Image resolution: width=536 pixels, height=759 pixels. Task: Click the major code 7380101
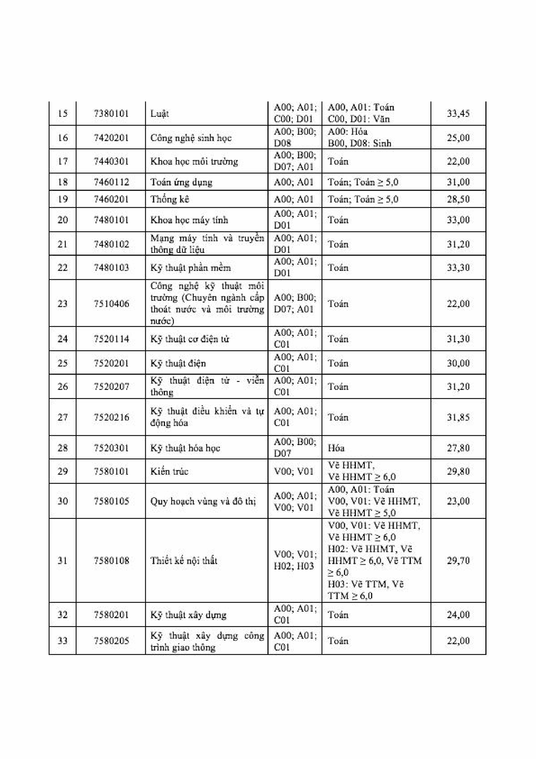pyautogui.click(x=111, y=113)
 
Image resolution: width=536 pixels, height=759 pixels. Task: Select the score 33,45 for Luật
pyautogui.click(x=458, y=113)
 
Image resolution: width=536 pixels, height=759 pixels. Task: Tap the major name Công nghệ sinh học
pyautogui.click(x=191, y=138)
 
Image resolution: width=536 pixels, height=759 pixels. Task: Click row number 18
pyautogui.click(x=63, y=182)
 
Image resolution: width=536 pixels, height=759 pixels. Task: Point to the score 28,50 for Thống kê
pyautogui.click(x=458, y=199)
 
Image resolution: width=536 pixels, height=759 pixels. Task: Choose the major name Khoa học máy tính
pyautogui.click(x=189, y=220)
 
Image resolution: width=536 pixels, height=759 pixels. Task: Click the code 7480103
pyautogui.click(x=111, y=267)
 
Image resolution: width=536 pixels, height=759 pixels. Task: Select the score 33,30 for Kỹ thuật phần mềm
pyautogui.click(x=458, y=267)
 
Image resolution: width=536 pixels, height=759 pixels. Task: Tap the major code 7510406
pyautogui.click(x=111, y=304)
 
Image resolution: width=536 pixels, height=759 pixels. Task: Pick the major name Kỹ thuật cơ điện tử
pyautogui.click(x=189, y=339)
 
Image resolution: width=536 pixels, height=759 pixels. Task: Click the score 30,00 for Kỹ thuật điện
pyautogui.click(x=458, y=363)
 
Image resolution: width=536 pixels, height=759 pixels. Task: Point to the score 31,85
pyautogui.click(x=458, y=417)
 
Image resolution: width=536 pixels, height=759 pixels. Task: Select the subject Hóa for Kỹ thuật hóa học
pyautogui.click(x=336, y=448)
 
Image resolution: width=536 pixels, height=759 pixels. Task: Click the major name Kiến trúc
pyautogui.click(x=169, y=471)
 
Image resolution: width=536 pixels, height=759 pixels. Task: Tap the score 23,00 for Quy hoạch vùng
pyautogui.click(x=458, y=501)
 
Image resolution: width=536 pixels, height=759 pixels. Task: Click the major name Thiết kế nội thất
pyautogui.click(x=184, y=561)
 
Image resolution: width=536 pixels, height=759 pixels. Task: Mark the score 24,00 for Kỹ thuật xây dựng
pyautogui.click(x=458, y=615)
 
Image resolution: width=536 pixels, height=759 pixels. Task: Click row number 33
pyautogui.click(x=63, y=641)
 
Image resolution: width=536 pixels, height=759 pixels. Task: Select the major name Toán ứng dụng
pyautogui.click(x=181, y=182)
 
